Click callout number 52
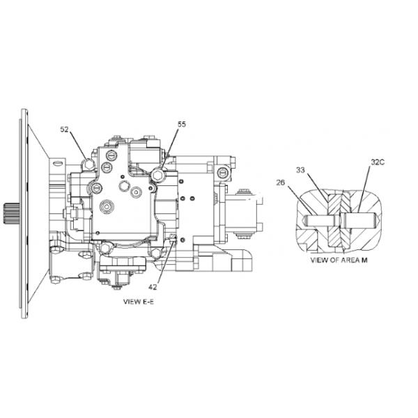[65, 130]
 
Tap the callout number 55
[182, 124]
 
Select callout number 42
[153, 287]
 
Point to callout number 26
[281, 183]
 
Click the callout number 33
[300, 170]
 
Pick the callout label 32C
[378, 162]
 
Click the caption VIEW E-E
[139, 302]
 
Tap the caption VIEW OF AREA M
[339, 260]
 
